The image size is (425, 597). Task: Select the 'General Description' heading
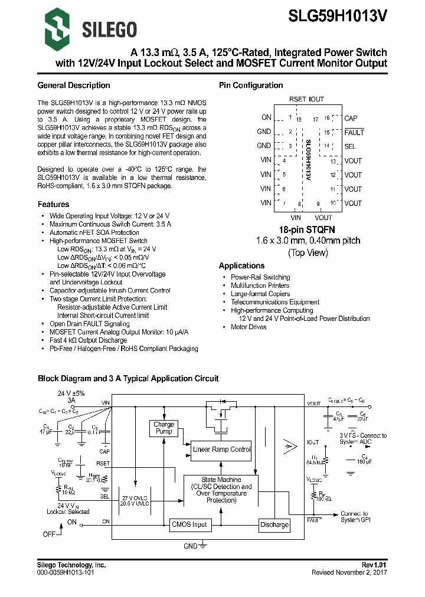coord(73,86)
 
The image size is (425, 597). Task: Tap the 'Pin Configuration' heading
coord(251,86)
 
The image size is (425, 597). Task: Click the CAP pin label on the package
coord(351,118)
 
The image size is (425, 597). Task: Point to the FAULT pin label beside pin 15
coord(354,132)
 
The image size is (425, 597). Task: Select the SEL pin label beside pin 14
coord(350,146)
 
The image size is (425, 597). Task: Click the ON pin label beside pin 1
coord(266,117)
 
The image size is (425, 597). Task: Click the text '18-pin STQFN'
coord(308,229)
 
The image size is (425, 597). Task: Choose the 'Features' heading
coord(53,204)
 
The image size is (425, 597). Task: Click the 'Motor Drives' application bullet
coord(249,327)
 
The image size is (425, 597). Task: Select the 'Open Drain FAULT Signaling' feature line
coord(89,324)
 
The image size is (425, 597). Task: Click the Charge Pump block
coord(164,428)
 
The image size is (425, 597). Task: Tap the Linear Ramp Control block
coord(221,450)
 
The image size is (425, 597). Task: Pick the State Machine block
coord(221,490)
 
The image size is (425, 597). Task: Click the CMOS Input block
coord(189,524)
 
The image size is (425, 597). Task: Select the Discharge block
coord(274,524)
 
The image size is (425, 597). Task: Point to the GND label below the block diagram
coord(190,546)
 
